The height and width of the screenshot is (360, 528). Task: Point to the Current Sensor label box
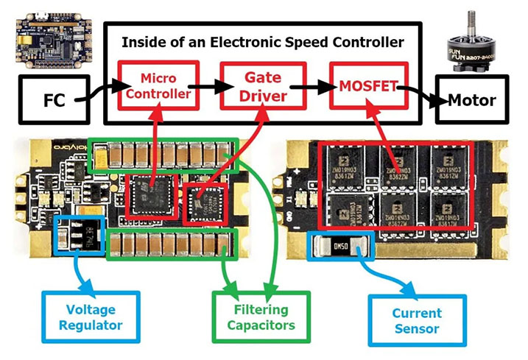[x=417, y=317]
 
